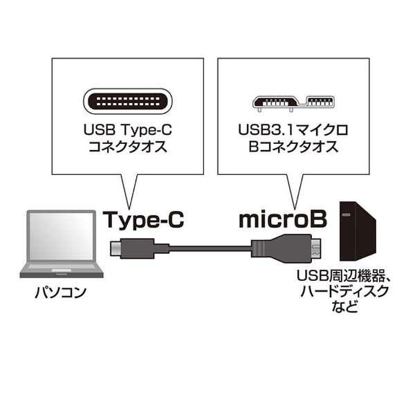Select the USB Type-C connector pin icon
coord(128,103)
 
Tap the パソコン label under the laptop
coord(61,293)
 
